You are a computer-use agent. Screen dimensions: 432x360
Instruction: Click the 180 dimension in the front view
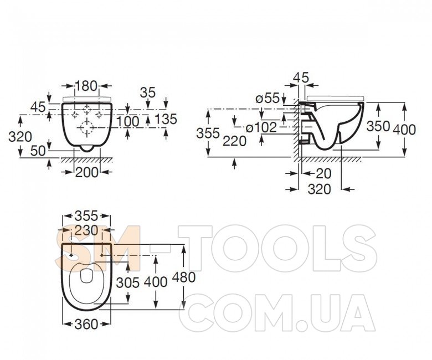(86, 86)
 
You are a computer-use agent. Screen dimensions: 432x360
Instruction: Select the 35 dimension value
(148, 93)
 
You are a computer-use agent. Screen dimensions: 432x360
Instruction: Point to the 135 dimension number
(166, 119)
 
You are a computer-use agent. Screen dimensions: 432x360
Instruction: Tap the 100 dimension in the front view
(128, 121)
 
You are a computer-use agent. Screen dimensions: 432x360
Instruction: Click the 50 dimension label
(38, 151)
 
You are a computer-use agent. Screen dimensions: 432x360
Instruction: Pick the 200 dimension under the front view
(86, 173)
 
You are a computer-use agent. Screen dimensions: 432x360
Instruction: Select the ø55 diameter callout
(268, 98)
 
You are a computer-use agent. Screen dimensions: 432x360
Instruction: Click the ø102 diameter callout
(261, 127)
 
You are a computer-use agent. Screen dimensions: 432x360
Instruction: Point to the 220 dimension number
(234, 141)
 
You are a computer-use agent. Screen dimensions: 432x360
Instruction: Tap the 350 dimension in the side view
(378, 126)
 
